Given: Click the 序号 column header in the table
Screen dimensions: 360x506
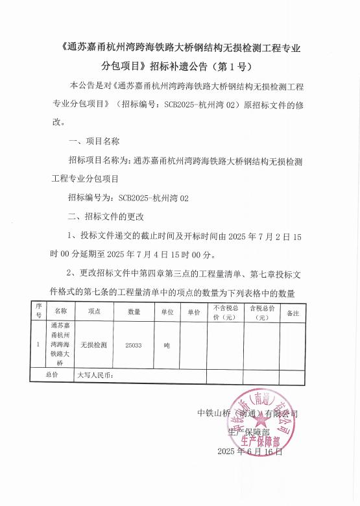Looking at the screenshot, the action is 39,312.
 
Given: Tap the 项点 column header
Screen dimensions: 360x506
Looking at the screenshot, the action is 94,312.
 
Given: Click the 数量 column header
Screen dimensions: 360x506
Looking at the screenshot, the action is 134,312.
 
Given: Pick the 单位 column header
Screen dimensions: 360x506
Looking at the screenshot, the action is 167,312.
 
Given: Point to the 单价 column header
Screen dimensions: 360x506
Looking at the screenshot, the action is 193,312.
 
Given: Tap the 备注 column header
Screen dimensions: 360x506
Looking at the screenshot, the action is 293,313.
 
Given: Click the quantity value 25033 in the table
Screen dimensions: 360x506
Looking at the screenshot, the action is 134,345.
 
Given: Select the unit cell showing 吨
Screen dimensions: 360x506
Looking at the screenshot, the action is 167,345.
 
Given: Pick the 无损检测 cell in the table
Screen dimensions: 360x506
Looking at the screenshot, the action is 94,345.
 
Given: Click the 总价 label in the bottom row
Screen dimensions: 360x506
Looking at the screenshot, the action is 52,374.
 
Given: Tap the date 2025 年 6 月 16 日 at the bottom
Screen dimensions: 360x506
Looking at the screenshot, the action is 250,451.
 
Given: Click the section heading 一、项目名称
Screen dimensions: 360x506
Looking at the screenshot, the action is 93,141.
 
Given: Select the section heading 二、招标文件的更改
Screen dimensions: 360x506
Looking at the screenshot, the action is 105,216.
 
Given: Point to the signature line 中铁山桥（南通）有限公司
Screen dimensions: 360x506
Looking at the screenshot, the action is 247,413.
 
